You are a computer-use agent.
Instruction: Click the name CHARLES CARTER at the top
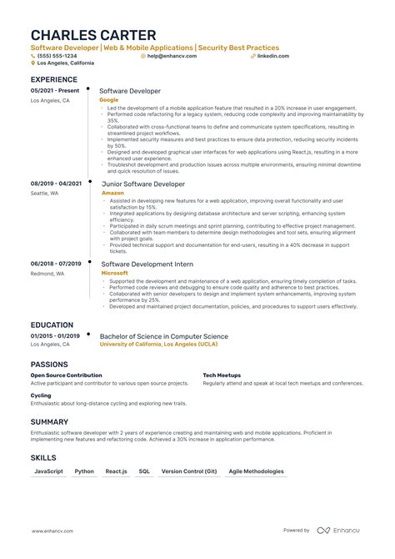(x=92, y=35)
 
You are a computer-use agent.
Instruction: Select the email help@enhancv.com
(x=172, y=56)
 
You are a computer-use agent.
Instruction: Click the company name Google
(x=109, y=99)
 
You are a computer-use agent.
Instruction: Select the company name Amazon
(x=112, y=192)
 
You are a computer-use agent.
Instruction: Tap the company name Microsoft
(x=115, y=273)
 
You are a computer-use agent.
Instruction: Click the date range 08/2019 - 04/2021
(x=56, y=183)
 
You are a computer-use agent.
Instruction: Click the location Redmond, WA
(x=47, y=273)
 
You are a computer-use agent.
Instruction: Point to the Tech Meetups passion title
(x=222, y=375)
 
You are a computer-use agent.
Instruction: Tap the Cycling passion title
(x=41, y=395)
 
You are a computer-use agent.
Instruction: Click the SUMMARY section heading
(x=49, y=422)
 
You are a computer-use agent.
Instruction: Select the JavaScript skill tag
(x=48, y=471)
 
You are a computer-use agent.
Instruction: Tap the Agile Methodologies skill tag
(x=250, y=471)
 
